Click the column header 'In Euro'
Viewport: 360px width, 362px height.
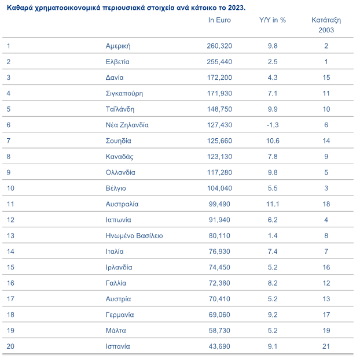pos(220,20)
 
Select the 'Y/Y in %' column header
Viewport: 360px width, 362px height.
pos(273,20)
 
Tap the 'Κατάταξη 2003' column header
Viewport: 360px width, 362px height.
pos(326,24)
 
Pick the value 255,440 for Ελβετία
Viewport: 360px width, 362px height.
pos(219,61)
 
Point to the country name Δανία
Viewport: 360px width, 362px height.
pos(115,77)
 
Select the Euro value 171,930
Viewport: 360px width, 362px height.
pos(219,93)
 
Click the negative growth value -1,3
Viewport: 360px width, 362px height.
pos(273,125)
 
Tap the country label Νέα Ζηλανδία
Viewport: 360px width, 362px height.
pos(127,125)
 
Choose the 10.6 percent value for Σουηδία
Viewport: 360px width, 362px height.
pos(273,141)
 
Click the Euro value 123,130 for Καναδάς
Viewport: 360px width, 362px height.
pos(219,157)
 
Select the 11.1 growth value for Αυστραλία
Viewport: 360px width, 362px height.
pos(273,204)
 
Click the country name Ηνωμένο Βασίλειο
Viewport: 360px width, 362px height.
pos(134,236)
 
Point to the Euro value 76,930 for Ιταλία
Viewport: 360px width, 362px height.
pos(219,252)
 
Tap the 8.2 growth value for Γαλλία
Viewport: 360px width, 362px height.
pos(273,283)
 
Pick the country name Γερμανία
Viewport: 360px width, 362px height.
pos(120,315)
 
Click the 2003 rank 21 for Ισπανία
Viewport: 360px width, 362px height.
pos(326,346)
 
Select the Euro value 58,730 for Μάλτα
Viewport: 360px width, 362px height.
pos(219,331)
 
